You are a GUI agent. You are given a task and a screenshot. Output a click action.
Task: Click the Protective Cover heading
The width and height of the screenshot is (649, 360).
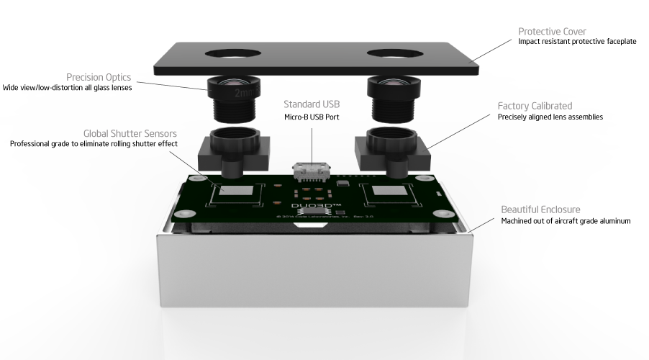[552, 32]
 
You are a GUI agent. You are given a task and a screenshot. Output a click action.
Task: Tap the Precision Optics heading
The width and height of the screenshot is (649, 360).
[99, 77]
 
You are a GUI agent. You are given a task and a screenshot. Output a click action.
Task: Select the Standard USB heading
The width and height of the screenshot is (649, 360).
[312, 104]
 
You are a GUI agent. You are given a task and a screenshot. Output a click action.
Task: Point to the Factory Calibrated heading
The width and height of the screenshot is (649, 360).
[535, 106]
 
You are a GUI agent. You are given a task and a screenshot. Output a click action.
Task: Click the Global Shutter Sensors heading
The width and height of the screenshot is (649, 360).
[130, 133]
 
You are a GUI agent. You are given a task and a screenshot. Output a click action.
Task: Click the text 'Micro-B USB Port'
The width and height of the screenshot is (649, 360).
[312, 117]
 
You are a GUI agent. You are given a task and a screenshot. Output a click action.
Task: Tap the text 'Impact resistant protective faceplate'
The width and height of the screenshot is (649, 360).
[577, 42]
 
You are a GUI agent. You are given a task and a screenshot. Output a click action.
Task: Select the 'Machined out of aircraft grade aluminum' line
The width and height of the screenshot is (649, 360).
[566, 221]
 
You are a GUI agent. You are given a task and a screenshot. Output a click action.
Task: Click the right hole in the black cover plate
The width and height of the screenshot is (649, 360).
[394, 54]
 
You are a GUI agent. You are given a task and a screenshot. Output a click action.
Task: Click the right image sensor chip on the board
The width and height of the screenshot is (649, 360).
[389, 194]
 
